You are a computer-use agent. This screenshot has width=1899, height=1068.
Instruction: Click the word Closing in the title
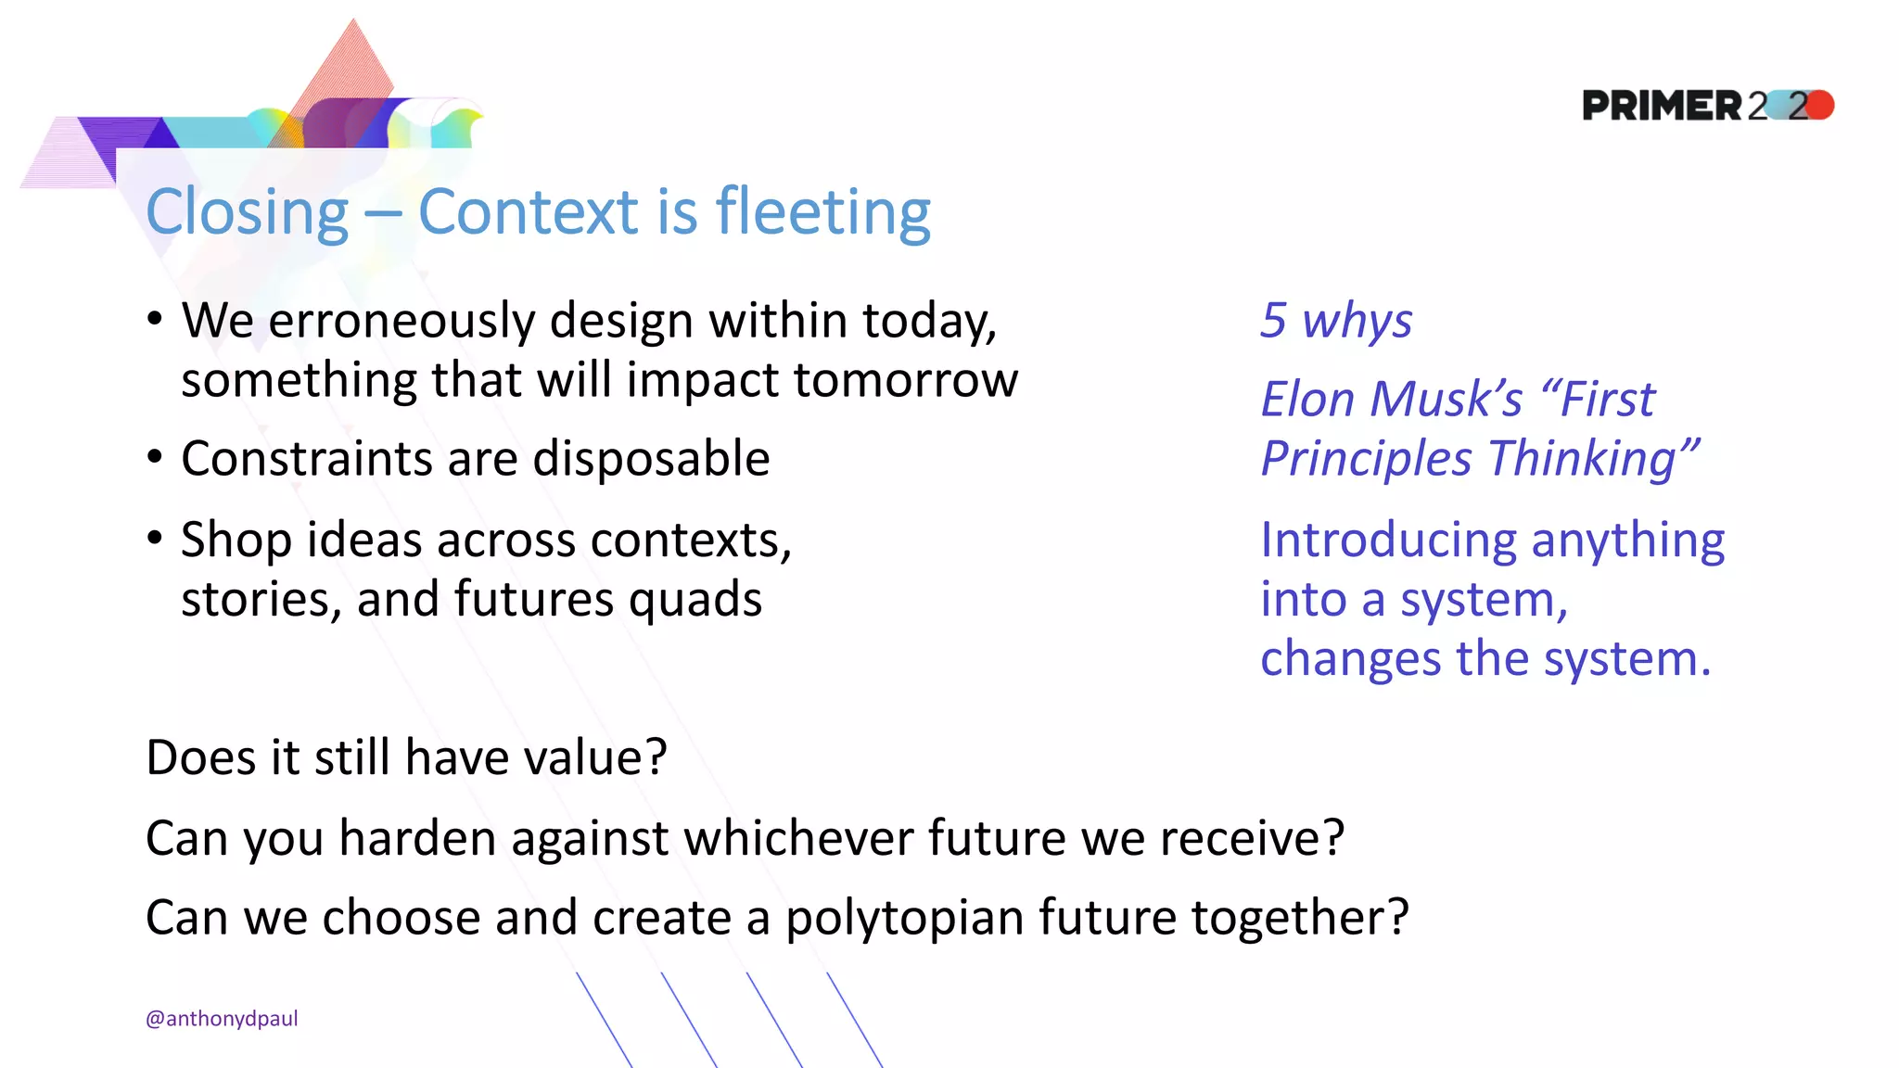247,213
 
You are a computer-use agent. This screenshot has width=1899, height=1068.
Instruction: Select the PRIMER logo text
1662,106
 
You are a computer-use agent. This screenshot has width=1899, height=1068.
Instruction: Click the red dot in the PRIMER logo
1820,105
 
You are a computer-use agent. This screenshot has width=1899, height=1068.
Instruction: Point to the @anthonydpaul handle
222,1018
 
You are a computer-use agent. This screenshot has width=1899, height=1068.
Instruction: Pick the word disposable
651,459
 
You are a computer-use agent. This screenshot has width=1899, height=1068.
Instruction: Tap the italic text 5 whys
1335,321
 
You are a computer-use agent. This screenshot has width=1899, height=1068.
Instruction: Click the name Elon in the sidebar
1307,400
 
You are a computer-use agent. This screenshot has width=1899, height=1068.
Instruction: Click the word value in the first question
582,757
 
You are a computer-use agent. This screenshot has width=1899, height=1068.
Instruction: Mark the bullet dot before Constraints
155,457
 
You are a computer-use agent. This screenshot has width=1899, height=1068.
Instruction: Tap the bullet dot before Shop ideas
155,538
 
